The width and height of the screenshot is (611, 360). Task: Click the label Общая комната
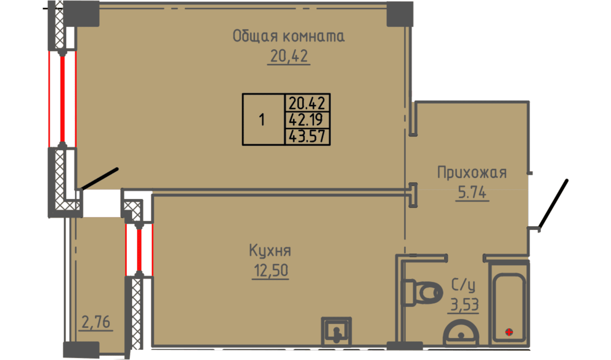pos(289,37)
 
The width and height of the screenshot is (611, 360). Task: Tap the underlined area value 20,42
pos(289,56)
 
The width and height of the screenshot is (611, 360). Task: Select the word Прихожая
pos(472,173)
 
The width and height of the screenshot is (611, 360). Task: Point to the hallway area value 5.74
pos(472,192)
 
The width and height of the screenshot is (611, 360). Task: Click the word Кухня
pos(270,250)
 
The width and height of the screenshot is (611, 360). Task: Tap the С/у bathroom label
pos(463,285)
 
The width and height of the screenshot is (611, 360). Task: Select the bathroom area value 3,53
pos(464,305)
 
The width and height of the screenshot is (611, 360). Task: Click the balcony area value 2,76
pos(96,322)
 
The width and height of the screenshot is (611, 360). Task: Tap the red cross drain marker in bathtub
pos(509,332)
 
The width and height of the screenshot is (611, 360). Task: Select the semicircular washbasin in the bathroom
pos(461,333)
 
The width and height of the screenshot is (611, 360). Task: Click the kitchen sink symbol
pos(336,332)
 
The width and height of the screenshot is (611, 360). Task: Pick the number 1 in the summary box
pos(262,120)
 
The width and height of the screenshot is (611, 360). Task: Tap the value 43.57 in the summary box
pos(307,136)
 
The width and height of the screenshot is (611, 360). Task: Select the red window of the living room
pos(62,99)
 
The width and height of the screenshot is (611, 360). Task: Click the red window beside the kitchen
pos(139,250)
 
